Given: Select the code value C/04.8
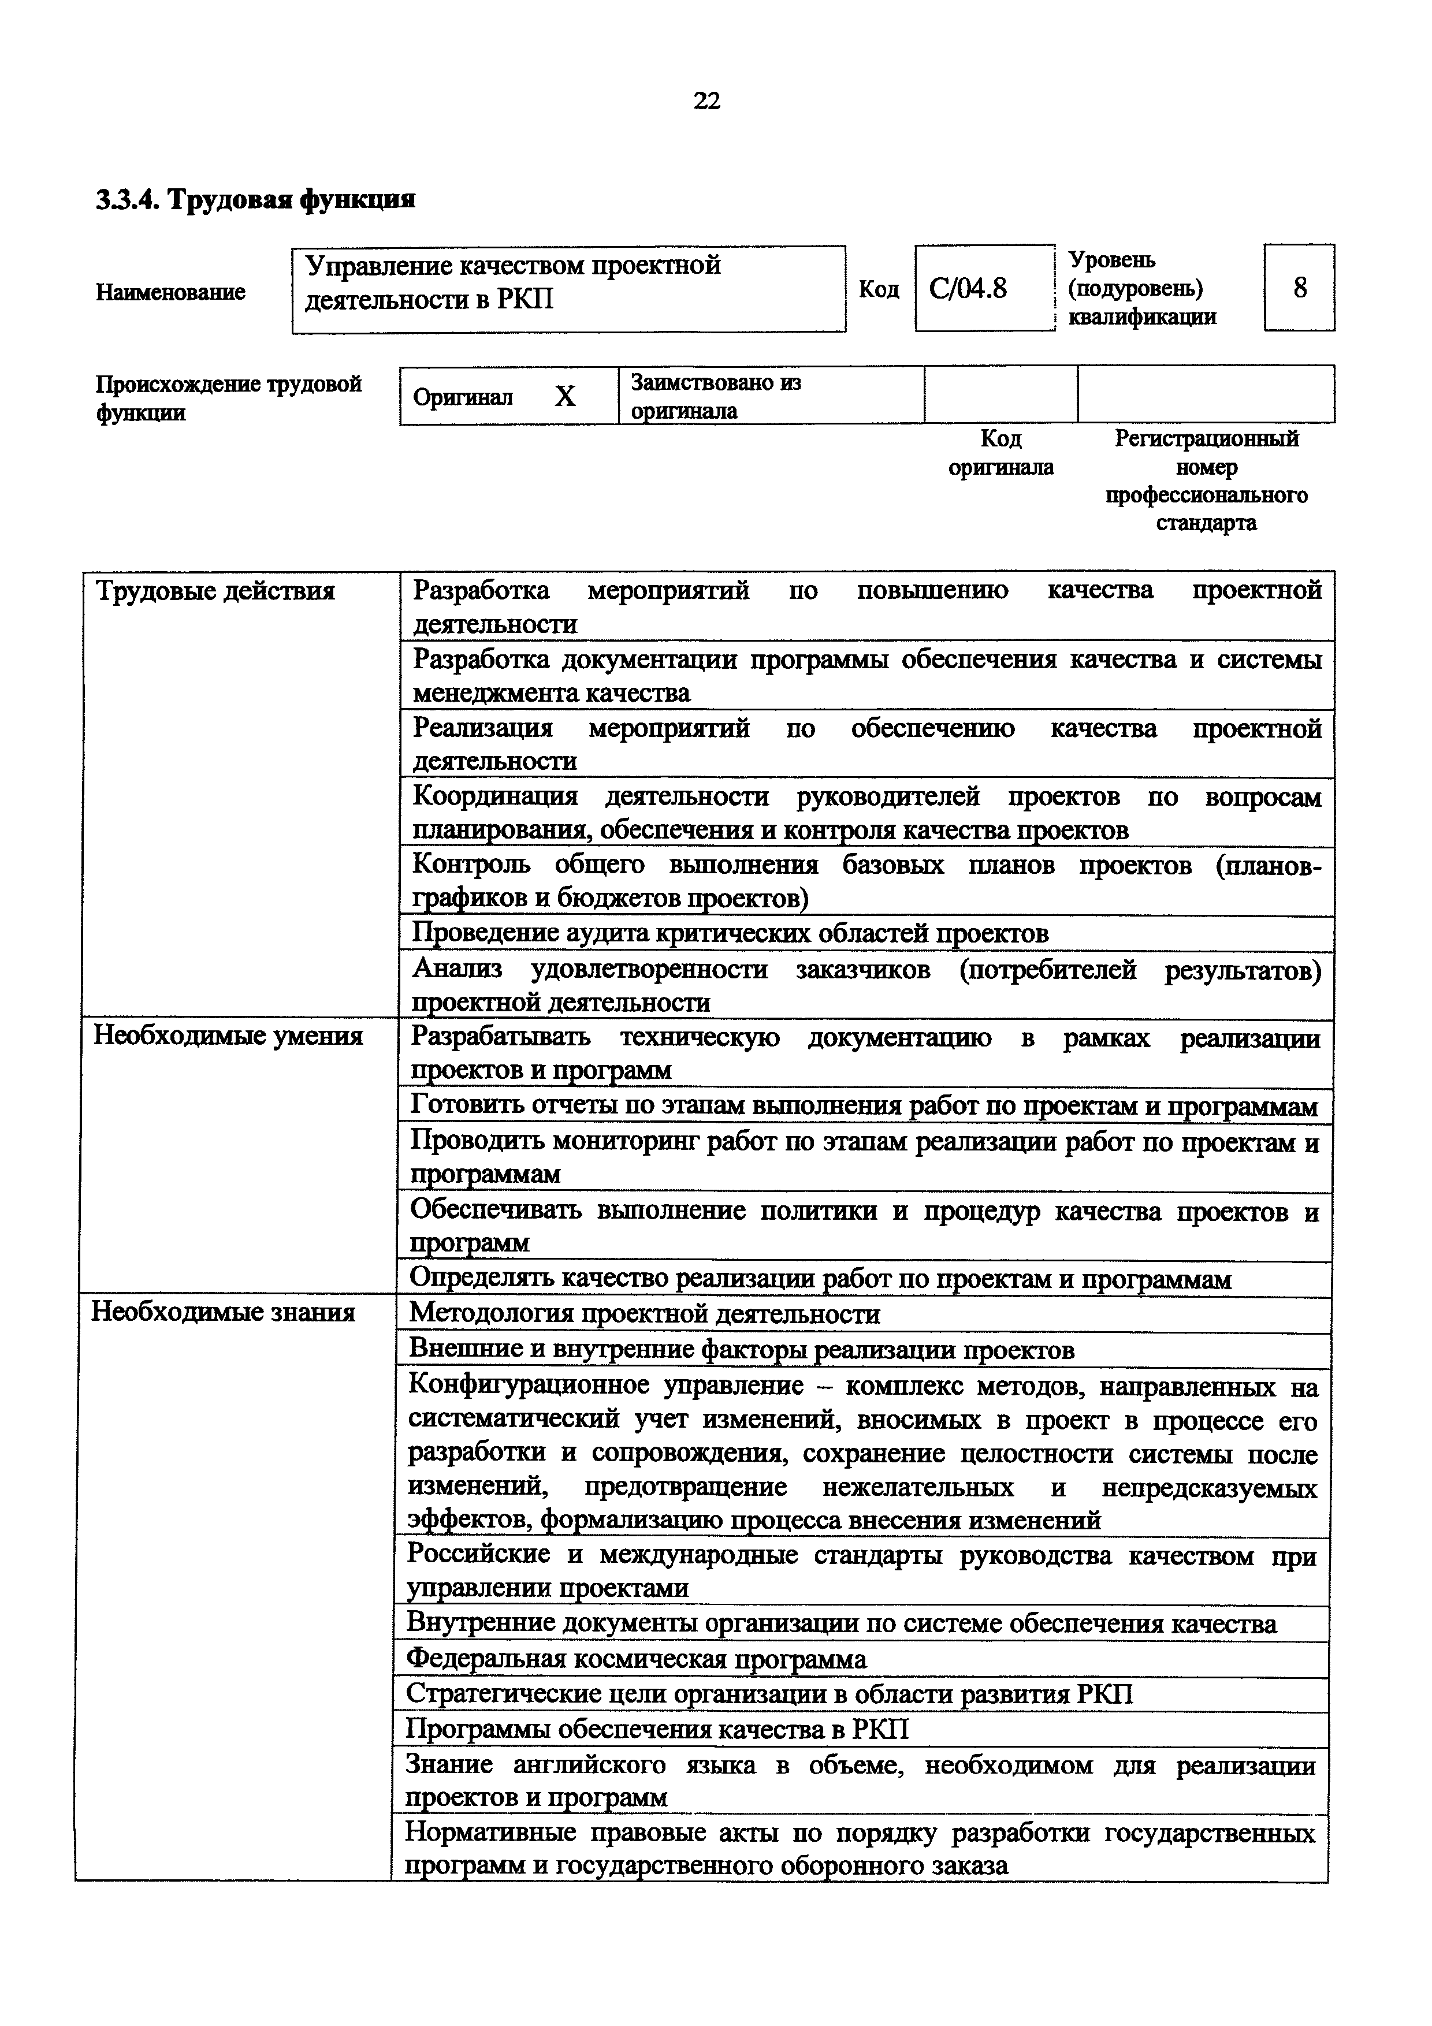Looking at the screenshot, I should [968, 289].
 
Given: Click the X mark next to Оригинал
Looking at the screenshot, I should [565, 396].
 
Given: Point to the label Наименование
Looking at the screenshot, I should [170, 292].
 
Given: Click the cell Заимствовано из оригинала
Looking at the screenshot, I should [716, 396].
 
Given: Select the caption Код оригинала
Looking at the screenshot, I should [1000, 453].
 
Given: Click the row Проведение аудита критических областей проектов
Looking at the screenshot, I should [731, 933].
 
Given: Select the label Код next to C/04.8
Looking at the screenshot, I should [879, 289].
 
